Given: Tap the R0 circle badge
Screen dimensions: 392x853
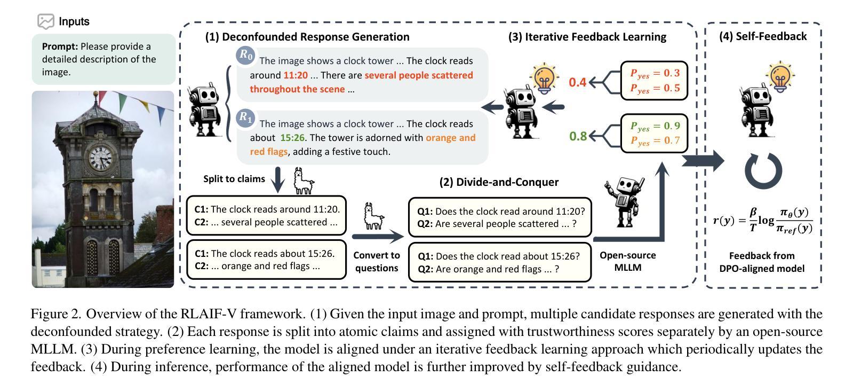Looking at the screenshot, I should pyautogui.click(x=246, y=55).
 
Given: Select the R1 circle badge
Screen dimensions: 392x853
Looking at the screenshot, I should pyautogui.click(x=246, y=117).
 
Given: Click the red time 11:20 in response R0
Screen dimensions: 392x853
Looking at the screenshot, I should pyautogui.click(x=296, y=75).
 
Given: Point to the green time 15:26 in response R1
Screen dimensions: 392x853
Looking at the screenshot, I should pyautogui.click(x=292, y=138).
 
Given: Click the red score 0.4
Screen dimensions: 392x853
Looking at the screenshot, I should pyautogui.click(x=577, y=82).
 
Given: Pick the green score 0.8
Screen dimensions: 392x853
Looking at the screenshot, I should pyautogui.click(x=578, y=136).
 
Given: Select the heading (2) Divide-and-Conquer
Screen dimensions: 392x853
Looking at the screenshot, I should pyautogui.click(x=499, y=182).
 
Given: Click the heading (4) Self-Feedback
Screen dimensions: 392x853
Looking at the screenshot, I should pyautogui.click(x=762, y=36).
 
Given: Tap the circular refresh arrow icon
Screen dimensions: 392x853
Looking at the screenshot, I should pyautogui.click(x=763, y=171).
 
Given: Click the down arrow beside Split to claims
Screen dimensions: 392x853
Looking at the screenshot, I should pyautogui.click(x=278, y=181).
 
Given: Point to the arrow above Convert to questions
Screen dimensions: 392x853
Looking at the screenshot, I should pyautogui.click(x=377, y=236).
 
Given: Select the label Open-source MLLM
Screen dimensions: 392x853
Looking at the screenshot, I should pyautogui.click(x=627, y=261).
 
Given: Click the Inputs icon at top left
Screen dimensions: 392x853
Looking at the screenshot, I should pyautogui.click(x=46, y=21).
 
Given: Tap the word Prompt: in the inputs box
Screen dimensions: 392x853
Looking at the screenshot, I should pyautogui.click(x=60, y=46).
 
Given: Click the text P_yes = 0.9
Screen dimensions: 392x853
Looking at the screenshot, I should pyautogui.click(x=655, y=127).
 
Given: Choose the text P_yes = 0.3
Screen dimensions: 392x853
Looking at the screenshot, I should pyautogui.click(x=655, y=74).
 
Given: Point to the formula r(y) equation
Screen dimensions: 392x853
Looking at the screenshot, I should pyautogui.click(x=762, y=220).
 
